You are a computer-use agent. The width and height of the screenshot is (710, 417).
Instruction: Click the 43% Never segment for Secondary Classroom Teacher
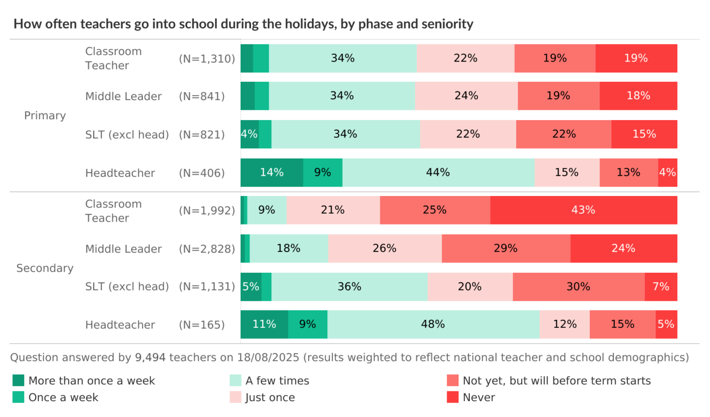[583, 210]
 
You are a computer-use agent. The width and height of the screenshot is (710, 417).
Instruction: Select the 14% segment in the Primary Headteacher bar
[272, 172]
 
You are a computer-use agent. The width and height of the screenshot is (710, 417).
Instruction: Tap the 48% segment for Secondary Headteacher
[433, 324]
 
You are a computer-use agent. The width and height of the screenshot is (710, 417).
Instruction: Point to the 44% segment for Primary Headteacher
[438, 172]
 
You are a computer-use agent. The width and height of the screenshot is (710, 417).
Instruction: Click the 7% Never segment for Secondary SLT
[661, 287]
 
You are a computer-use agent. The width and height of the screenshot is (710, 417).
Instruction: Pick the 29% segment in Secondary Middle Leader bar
[506, 249]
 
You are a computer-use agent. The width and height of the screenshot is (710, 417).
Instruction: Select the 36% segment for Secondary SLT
[349, 287]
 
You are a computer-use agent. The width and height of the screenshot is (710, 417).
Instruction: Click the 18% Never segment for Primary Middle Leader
[638, 96]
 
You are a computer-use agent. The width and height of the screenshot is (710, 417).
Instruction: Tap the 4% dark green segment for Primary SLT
[249, 134]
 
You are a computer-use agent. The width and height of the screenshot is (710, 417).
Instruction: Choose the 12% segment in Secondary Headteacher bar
[565, 324]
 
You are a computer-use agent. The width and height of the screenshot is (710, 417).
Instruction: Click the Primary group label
[45, 116]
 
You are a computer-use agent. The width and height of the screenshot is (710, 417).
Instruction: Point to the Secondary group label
[45, 268]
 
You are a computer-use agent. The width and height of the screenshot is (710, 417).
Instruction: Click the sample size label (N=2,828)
[207, 249]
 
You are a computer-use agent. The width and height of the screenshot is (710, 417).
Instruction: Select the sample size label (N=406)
[202, 173]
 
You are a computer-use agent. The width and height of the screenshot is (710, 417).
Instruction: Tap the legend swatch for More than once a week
[18, 381]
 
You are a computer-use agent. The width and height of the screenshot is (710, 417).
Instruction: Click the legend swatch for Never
[453, 397]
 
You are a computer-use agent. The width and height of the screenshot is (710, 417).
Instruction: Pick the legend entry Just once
[270, 397]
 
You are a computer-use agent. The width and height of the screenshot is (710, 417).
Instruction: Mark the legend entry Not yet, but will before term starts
[556, 381]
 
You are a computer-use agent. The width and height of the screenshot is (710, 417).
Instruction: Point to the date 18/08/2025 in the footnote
[268, 357]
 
